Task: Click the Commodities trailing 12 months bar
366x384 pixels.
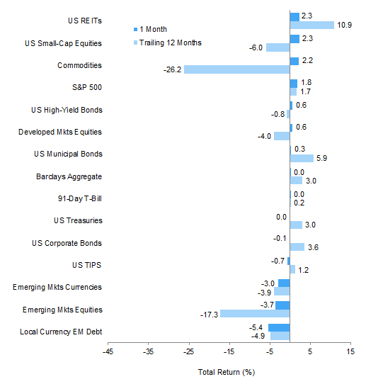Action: click(x=237, y=70)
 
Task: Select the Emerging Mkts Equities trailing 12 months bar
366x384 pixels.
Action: click(x=255, y=314)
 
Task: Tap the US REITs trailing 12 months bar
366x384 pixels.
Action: click(x=311, y=26)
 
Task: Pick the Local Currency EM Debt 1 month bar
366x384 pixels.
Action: click(x=279, y=327)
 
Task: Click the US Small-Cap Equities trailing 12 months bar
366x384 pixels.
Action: click(x=278, y=47)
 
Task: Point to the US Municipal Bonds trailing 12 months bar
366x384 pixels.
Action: click(x=302, y=158)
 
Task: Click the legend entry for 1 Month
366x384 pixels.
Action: click(x=151, y=29)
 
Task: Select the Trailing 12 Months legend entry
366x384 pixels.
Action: click(x=168, y=43)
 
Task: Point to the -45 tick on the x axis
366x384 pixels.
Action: click(x=108, y=351)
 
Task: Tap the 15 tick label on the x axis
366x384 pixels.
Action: click(x=350, y=351)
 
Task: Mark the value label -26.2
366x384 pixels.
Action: click(x=173, y=70)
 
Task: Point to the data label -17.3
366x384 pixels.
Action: click(x=209, y=314)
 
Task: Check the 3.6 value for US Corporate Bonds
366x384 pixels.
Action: click(x=313, y=247)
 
